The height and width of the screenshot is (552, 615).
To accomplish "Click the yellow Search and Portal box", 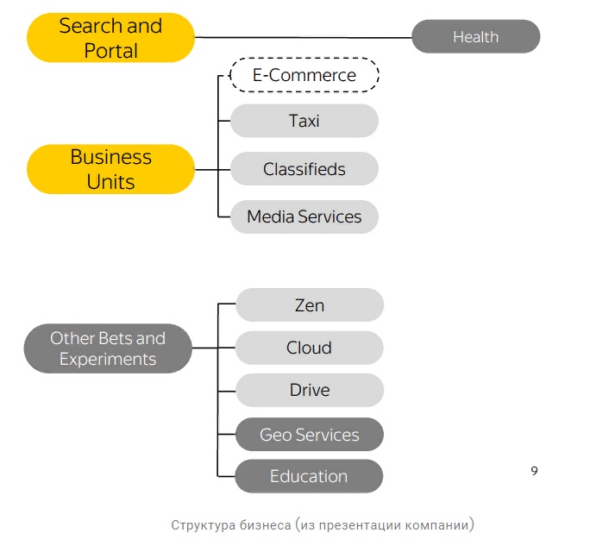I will click(110, 38).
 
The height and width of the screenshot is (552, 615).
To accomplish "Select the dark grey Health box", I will click(475, 37).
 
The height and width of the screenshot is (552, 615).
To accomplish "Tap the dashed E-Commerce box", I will click(304, 75).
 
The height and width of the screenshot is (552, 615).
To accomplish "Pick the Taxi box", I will click(304, 121).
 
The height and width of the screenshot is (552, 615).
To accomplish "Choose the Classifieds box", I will click(304, 169).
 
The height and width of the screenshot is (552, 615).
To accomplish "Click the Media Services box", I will click(304, 216).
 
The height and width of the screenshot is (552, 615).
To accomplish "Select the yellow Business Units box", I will click(110, 169).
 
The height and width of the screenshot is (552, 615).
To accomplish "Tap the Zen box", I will click(309, 305).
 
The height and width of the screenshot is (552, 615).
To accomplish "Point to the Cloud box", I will click(309, 348).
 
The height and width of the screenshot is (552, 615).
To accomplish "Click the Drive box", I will click(309, 390).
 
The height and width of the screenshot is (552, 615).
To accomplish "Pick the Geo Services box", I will click(309, 435).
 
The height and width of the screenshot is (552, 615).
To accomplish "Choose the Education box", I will click(309, 476).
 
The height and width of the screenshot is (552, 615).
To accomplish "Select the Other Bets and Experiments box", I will click(107, 348).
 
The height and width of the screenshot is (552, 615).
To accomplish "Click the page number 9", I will click(534, 471).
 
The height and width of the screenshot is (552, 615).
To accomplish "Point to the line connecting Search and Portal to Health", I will click(302, 37).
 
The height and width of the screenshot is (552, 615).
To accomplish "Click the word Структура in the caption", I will click(201, 524).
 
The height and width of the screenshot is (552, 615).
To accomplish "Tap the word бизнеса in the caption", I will click(261, 524).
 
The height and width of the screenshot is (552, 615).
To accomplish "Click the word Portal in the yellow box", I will click(110, 51).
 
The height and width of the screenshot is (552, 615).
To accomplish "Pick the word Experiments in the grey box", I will click(108, 359).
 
